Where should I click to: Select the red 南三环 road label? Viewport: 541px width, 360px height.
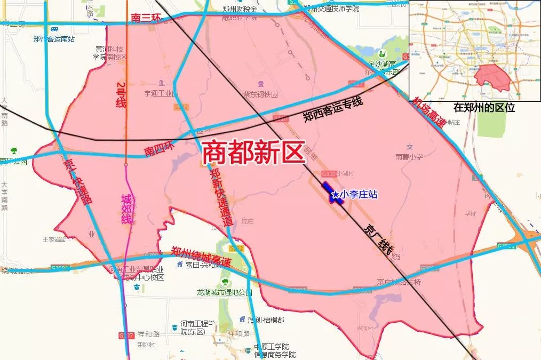coord(146,19)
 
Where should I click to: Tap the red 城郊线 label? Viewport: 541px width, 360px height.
coord(126,209)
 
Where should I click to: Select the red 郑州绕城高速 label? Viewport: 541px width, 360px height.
coord(201,257)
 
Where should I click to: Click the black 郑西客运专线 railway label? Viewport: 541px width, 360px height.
coord(333,110)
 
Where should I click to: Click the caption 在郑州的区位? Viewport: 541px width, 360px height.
coord(484,107)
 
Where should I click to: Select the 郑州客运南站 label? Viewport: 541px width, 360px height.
coord(53,38)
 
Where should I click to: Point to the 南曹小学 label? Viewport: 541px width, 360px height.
coord(409,157)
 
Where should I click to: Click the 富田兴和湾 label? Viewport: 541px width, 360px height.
coord(201,265)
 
